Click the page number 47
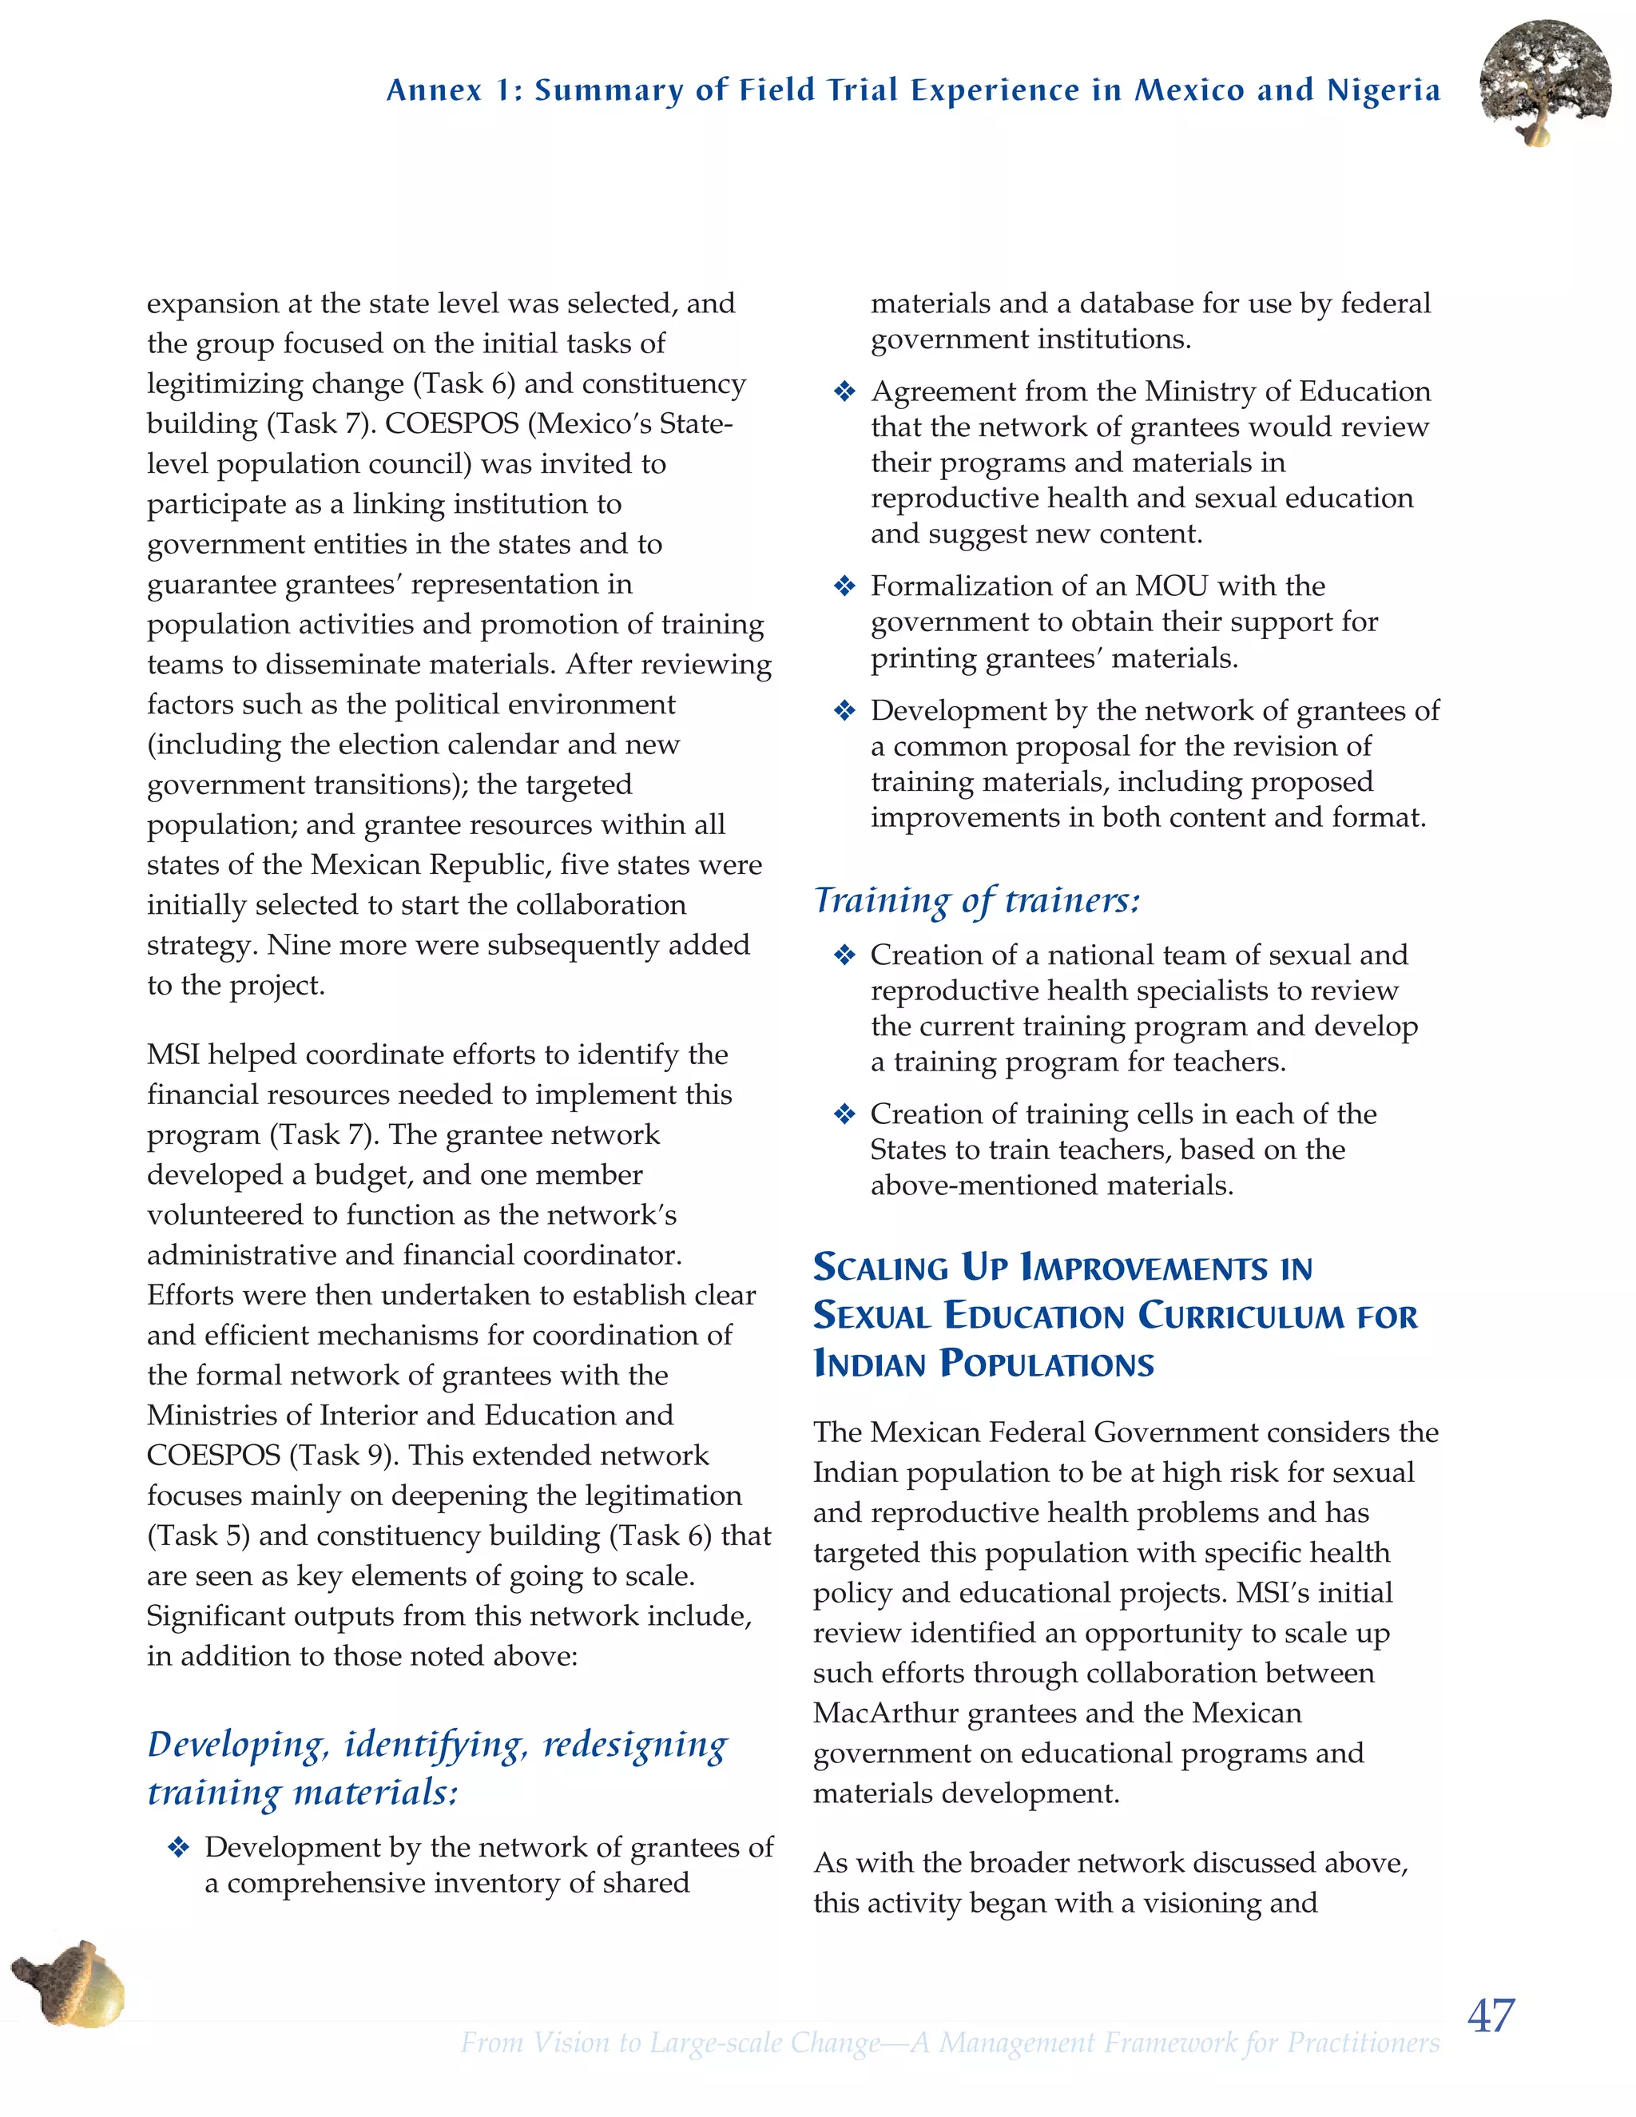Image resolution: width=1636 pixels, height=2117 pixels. tap(1491, 2016)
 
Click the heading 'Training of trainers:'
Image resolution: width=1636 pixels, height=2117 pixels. tap(977, 900)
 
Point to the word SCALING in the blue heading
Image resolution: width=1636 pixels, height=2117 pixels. tap(881, 1268)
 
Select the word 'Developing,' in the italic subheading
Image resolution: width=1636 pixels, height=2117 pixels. tap(238, 1745)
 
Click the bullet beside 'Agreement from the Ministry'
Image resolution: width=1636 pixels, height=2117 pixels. tap(844, 392)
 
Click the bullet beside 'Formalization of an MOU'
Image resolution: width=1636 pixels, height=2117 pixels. tap(844, 586)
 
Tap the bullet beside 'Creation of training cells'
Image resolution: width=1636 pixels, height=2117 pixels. tap(844, 1114)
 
